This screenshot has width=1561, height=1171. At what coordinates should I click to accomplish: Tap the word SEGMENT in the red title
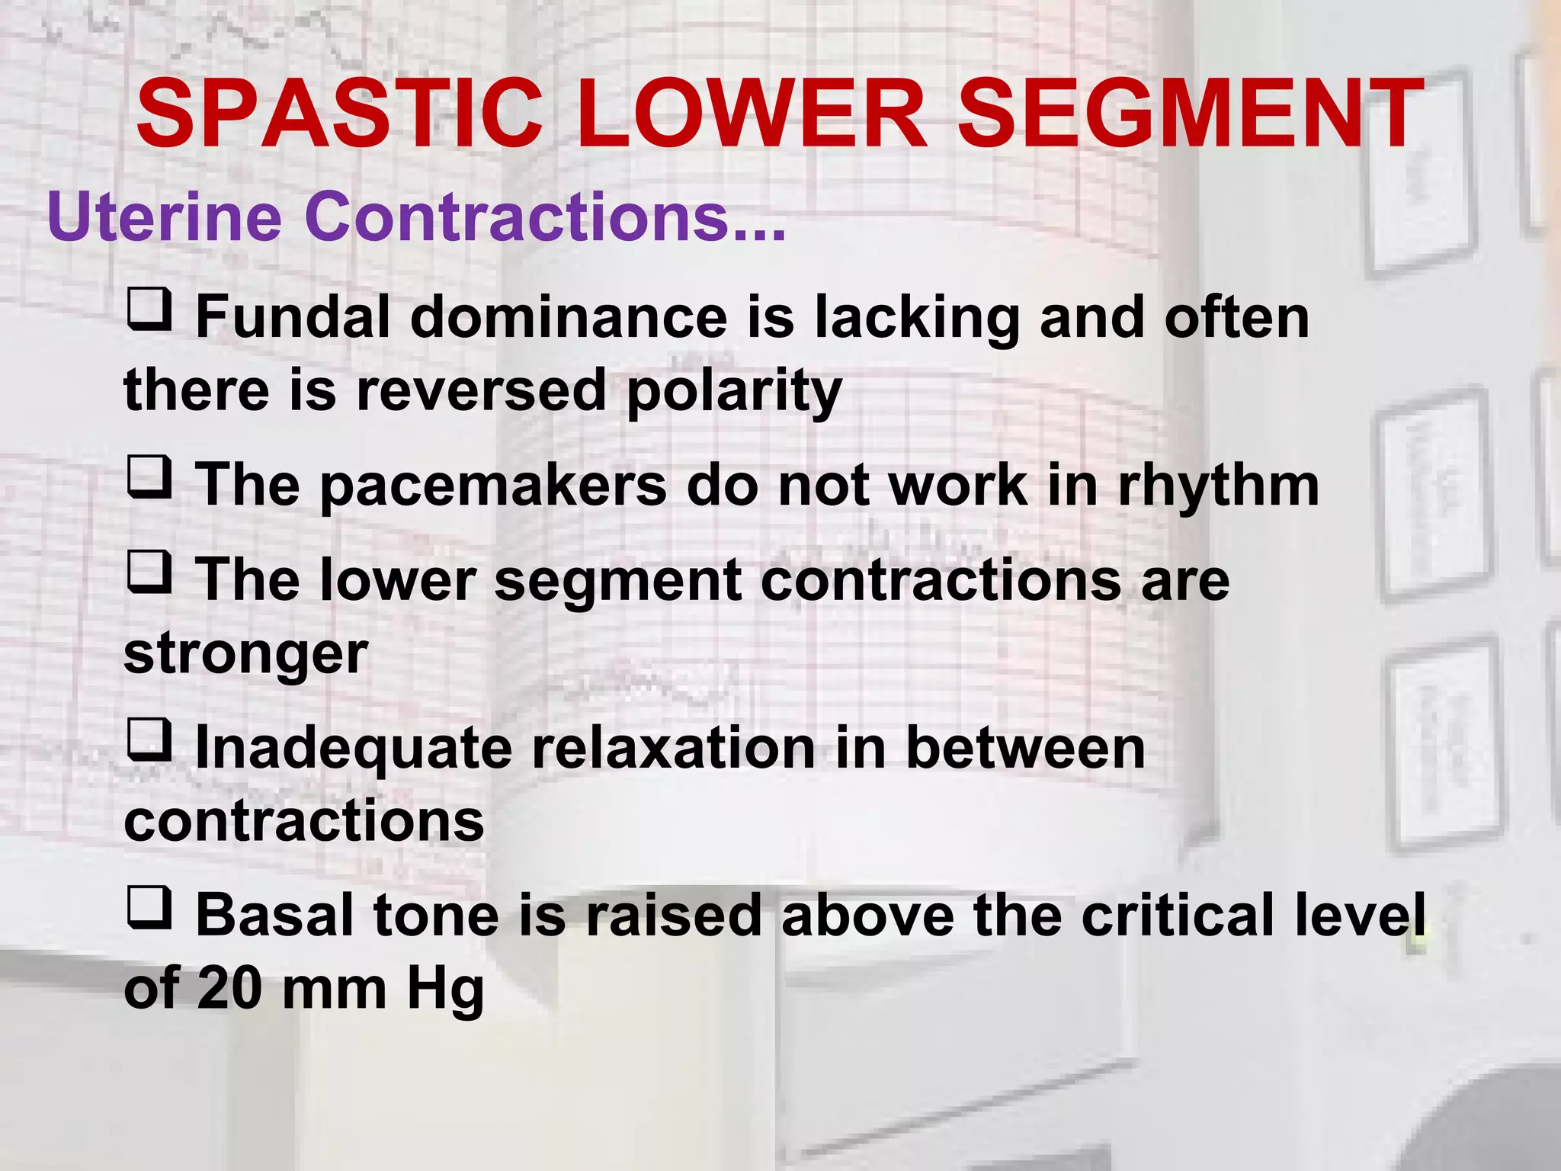[1189, 114]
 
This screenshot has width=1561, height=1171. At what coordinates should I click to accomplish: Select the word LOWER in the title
[751, 114]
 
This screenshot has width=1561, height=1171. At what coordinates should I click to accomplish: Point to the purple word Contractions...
[545, 217]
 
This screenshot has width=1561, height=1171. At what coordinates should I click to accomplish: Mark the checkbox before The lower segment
[149, 573]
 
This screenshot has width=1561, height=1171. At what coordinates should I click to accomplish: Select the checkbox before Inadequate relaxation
[149, 740]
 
